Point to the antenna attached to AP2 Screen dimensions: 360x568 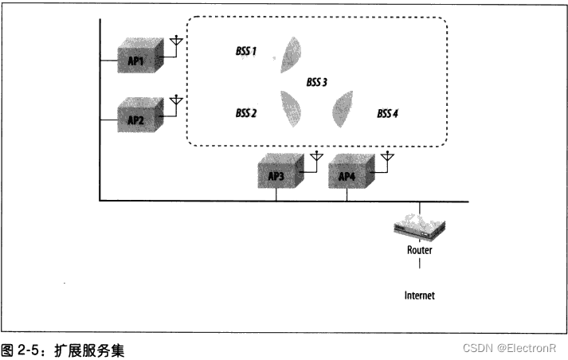[177, 101]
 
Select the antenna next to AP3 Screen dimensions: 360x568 [316, 157]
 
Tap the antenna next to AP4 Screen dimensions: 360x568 [387, 157]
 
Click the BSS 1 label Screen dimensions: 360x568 [246, 51]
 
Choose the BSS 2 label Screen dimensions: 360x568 [246, 113]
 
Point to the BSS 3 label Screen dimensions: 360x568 [317, 82]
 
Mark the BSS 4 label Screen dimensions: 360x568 [387, 113]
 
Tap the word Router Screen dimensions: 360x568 [420, 249]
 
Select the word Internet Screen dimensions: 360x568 [420, 295]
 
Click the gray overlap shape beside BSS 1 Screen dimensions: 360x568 [291, 56]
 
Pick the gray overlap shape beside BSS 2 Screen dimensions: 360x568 [290, 108]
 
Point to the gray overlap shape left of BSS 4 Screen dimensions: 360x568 [343, 108]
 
